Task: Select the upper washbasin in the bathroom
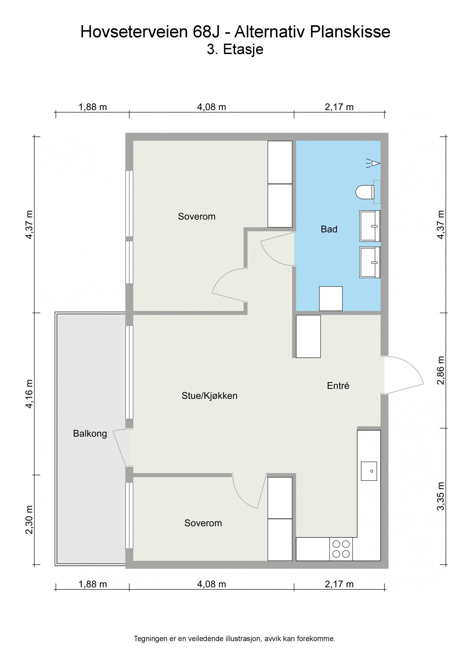[370, 226]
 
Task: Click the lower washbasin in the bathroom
[370, 262]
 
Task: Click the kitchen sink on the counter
[369, 471]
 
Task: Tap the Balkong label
[90, 434]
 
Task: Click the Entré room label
[338, 386]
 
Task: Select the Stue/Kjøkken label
[209, 396]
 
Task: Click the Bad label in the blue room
[329, 229]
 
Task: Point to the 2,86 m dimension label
[441, 370]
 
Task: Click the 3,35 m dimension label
[441, 496]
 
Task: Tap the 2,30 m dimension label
[29, 520]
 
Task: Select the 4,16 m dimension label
[29, 394]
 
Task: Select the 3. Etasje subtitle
[235, 49]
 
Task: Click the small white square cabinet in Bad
[330, 298]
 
